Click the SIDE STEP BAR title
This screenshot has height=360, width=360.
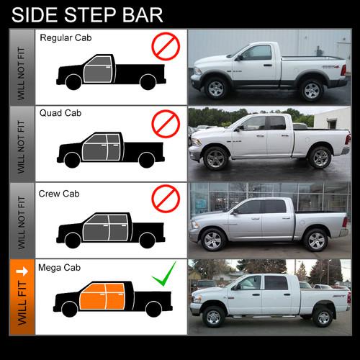click(87, 15)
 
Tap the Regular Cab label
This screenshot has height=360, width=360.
click(66, 38)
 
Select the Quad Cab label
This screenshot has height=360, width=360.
click(60, 113)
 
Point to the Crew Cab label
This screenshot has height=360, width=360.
click(59, 194)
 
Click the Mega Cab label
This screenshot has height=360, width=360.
click(59, 268)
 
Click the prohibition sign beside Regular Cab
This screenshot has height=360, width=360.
click(166, 46)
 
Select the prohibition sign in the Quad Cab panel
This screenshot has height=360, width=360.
click(166, 124)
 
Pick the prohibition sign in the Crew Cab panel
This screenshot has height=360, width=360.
click(166, 199)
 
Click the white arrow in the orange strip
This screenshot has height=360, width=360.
click(22, 271)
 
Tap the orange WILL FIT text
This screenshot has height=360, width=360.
click(22, 303)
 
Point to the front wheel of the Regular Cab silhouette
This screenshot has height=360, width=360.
click(73, 82)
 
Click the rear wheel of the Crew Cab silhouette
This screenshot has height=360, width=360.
click(147, 240)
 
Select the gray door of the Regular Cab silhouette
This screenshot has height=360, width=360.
click(99, 70)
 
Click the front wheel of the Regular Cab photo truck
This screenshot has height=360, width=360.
click(216, 89)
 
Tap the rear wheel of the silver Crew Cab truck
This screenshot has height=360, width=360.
click(316, 240)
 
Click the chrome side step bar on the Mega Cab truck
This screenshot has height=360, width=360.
click(264, 317)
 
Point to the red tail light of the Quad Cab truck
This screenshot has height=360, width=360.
click(348, 140)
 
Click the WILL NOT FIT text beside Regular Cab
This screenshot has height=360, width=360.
click(21, 73)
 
